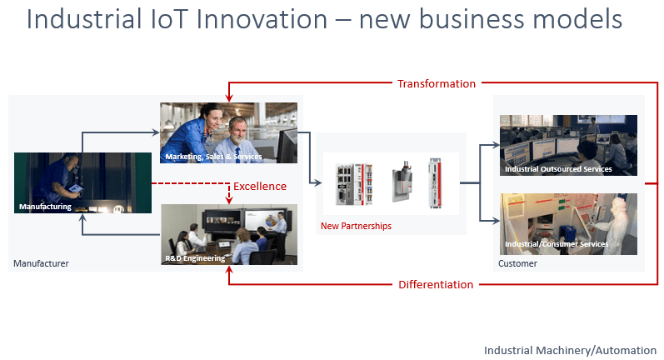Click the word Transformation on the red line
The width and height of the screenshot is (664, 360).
(x=436, y=83)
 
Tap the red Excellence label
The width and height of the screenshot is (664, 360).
(x=259, y=186)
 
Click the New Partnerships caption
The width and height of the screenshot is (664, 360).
(x=356, y=226)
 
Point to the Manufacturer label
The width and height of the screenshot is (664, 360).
(x=41, y=263)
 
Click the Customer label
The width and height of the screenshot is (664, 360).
(x=517, y=263)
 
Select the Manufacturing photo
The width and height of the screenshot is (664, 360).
(x=82, y=183)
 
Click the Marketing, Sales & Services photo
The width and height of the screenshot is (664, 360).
(x=228, y=132)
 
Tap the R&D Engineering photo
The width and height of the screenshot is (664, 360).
(x=228, y=234)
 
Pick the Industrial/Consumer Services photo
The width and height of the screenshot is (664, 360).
(x=568, y=223)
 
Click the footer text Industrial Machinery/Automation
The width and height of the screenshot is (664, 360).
(x=570, y=350)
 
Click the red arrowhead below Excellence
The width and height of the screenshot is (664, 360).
(x=228, y=201)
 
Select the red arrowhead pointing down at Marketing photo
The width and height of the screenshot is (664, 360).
(x=228, y=99)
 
